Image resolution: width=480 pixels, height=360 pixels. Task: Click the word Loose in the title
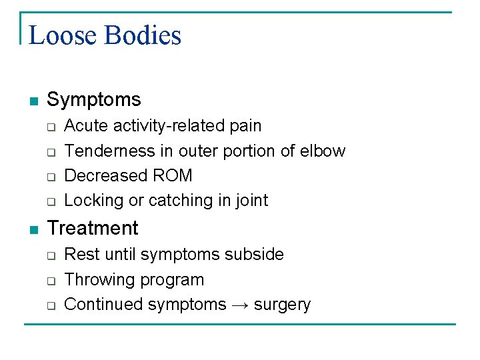[62, 35]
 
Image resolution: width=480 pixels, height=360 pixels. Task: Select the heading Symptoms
[94, 100]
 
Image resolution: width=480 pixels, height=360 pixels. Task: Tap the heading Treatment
[93, 229]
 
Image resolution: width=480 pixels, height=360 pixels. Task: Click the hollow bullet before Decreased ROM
[50, 177]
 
